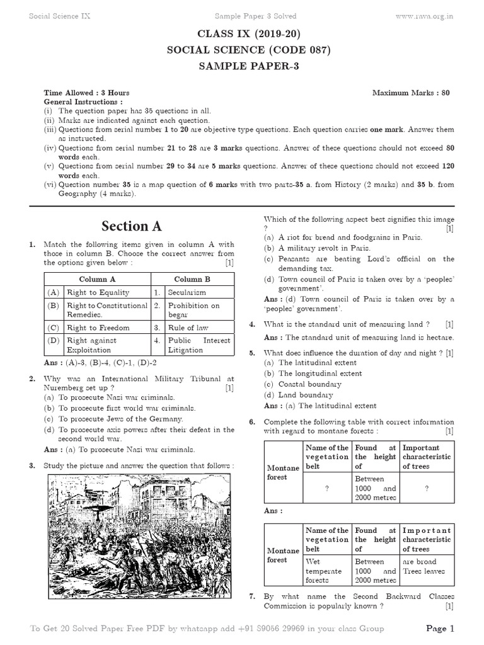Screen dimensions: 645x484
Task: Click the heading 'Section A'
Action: pos(132,225)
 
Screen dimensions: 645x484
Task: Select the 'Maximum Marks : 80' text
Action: pos(411,93)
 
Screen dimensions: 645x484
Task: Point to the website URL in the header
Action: pos(425,16)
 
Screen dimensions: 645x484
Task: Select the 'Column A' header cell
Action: pos(97,279)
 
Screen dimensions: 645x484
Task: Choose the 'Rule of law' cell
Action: pos(188,328)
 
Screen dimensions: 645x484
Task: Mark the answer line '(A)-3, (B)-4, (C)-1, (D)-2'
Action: pos(101,363)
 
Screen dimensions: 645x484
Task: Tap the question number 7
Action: pos(252,596)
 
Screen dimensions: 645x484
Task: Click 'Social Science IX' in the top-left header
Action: pos(60,16)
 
